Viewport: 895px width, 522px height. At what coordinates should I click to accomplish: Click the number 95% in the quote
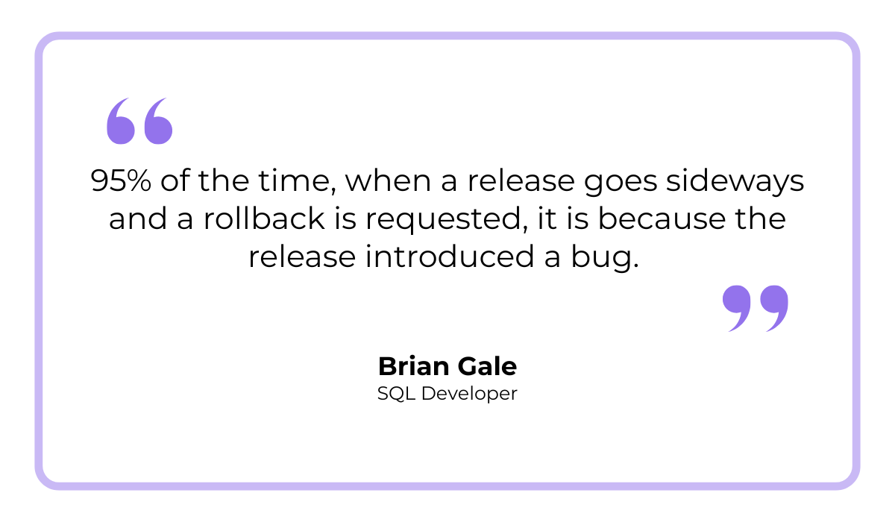[121, 180]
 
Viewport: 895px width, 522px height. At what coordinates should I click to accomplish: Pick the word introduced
[450, 256]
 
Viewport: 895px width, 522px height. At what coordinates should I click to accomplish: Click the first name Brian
[413, 366]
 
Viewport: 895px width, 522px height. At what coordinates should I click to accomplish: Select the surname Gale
[487, 366]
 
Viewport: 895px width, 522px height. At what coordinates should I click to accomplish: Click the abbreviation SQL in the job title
[397, 394]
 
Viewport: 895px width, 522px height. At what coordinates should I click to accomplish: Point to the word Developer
[469, 394]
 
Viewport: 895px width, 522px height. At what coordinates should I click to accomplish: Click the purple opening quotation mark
[139, 121]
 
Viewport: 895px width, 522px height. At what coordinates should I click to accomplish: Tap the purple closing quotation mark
[755, 308]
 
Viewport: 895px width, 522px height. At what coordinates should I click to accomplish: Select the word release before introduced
[302, 256]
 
